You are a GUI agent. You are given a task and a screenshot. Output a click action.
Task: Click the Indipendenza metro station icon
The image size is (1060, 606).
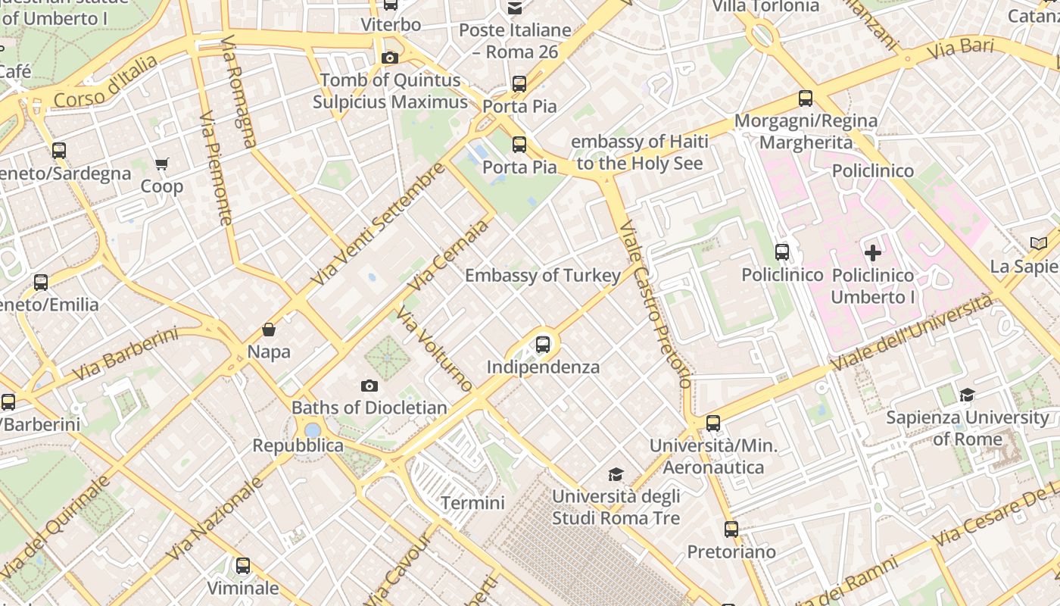point(543,345)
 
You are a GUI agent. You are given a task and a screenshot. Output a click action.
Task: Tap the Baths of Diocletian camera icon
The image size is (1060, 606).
point(369,386)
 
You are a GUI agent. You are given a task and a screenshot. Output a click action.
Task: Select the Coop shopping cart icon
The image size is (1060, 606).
point(162,164)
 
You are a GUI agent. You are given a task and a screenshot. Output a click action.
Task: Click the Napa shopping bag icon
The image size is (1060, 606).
point(268,330)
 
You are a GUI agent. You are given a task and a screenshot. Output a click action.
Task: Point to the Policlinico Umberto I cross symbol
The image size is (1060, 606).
point(873,253)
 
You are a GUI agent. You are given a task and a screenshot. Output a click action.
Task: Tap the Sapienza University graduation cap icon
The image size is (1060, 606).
point(967,395)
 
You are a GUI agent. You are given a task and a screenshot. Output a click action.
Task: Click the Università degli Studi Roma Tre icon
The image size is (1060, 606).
point(616,474)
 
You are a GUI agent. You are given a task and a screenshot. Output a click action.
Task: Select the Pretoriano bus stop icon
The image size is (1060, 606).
point(731,529)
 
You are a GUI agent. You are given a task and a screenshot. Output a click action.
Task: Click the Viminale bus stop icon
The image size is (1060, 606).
point(242,566)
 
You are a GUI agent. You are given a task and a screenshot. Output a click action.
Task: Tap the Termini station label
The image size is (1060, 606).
point(472,503)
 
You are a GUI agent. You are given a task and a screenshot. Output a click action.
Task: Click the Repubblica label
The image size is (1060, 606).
point(298,445)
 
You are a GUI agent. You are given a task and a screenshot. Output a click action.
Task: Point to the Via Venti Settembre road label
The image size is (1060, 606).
point(378,224)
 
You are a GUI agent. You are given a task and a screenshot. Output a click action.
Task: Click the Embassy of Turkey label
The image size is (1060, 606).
point(542,275)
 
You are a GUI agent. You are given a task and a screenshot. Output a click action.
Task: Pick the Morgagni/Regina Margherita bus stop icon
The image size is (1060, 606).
point(806,98)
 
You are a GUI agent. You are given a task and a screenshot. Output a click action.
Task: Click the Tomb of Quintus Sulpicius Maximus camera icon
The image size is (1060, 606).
point(390,58)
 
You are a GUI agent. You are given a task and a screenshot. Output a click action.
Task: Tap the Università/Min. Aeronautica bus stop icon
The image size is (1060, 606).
point(712,423)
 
